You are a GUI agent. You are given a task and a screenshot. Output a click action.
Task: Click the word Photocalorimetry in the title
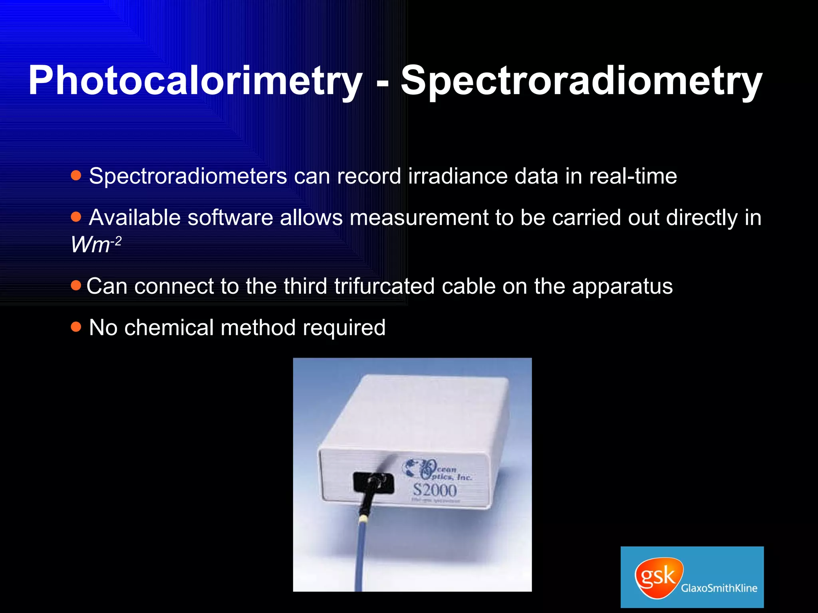(x=195, y=81)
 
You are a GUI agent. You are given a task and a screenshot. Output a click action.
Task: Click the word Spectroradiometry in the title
(x=581, y=81)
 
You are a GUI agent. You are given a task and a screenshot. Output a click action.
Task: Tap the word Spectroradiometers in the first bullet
(x=188, y=176)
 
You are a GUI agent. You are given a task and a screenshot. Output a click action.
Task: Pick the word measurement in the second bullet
(x=419, y=218)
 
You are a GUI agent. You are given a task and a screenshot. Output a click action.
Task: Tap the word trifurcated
(x=384, y=287)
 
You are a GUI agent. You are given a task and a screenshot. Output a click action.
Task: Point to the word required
(x=344, y=328)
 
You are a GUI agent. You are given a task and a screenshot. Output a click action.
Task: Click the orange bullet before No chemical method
(x=76, y=327)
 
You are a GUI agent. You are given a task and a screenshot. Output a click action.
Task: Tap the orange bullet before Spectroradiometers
(x=76, y=175)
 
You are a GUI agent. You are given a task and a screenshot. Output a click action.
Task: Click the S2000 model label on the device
(x=435, y=490)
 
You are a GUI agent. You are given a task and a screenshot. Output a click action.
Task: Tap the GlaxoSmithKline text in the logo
(x=719, y=588)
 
